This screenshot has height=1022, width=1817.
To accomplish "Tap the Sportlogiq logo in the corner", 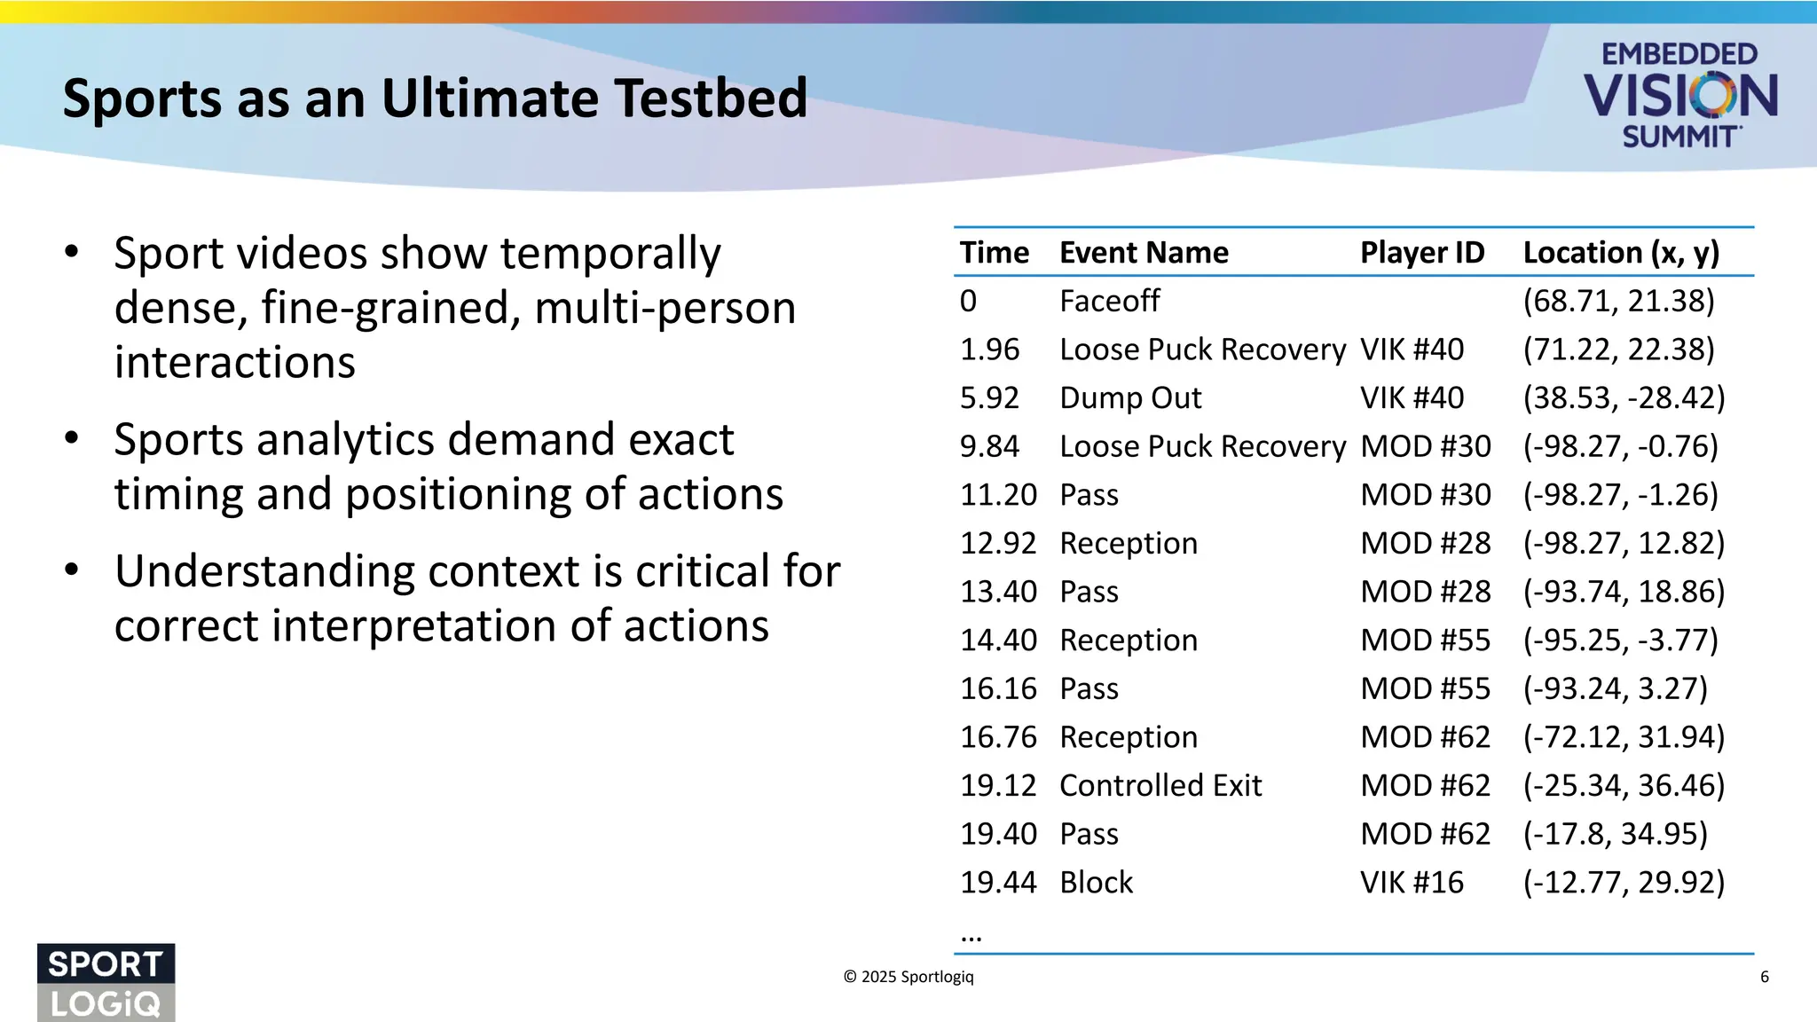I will pyautogui.click(x=106, y=982).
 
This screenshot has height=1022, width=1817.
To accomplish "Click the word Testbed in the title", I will pyautogui.click(x=711, y=98).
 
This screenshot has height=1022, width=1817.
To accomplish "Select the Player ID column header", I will pyautogui.click(x=1421, y=253).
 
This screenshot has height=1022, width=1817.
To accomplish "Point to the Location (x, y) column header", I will pyautogui.click(x=1621, y=253).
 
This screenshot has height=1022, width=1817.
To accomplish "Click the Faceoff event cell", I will pyautogui.click(x=1109, y=301).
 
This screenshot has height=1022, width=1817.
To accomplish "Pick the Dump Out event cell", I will pyautogui.click(x=1130, y=397).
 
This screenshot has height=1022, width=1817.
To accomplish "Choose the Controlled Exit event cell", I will pyautogui.click(x=1160, y=785).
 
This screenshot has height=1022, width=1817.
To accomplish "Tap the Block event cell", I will pyautogui.click(x=1097, y=882).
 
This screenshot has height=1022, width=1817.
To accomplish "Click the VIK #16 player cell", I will pyautogui.click(x=1412, y=882).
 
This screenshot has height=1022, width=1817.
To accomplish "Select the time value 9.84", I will pyautogui.click(x=989, y=446).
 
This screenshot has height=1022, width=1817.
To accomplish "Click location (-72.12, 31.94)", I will pyautogui.click(x=1624, y=737).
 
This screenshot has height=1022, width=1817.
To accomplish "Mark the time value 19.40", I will pyautogui.click(x=998, y=834).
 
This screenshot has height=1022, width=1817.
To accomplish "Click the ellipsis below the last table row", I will pyautogui.click(x=971, y=935).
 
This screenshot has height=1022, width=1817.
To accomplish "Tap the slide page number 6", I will pyautogui.click(x=1764, y=977).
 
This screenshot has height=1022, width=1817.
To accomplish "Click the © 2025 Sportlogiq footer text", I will pyautogui.click(x=908, y=977).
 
